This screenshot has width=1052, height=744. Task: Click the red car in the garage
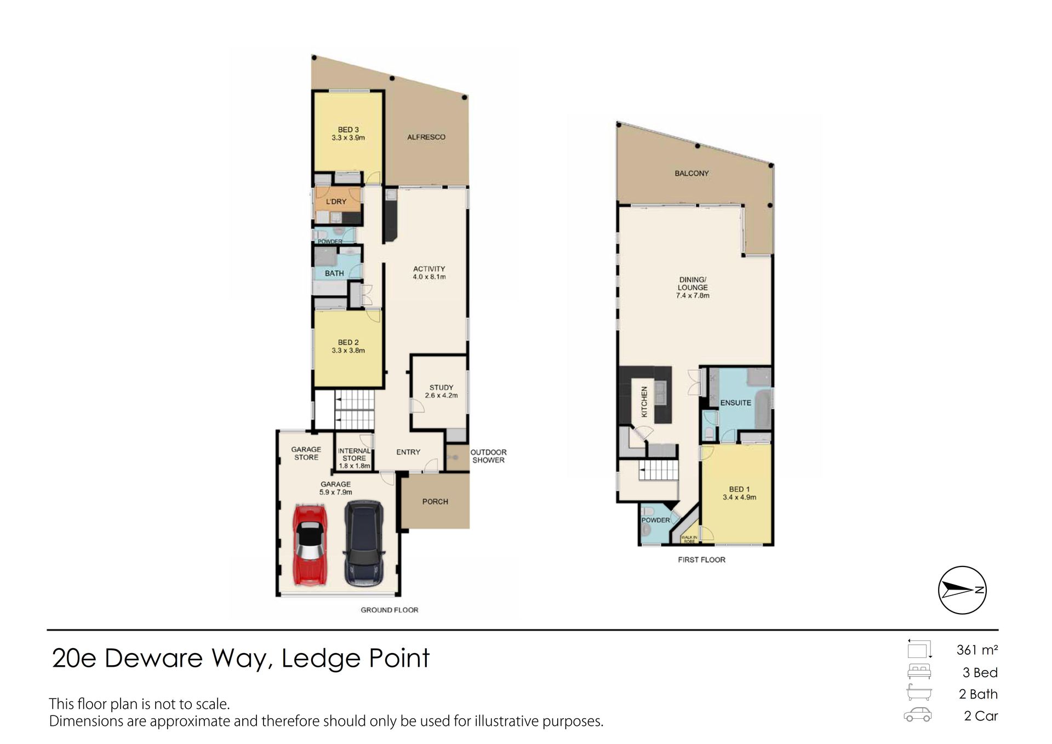pyautogui.click(x=311, y=544)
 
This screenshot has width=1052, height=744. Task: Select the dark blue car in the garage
pyautogui.click(x=363, y=544)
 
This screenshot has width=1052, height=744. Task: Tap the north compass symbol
pyautogui.click(x=962, y=590)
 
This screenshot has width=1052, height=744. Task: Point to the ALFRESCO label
pyautogui.click(x=426, y=137)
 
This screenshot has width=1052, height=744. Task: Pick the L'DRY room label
pyautogui.click(x=336, y=202)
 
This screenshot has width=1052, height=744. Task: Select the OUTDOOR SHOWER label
pyautogui.click(x=489, y=456)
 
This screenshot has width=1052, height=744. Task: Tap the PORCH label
pyautogui.click(x=435, y=501)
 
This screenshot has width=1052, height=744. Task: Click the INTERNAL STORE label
pyautogui.click(x=355, y=455)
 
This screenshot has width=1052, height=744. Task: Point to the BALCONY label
pyautogui.click(x=691, y=173)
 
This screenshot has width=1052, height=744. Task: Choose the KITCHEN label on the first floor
pyautogui.click(x=644, y=402)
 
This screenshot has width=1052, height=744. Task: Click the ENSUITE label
pyautogui.click(x=736, y=403)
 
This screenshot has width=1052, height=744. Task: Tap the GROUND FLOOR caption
pyautogui.click(x=390, y=610)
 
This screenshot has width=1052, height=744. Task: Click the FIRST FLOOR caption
pyautogui.click(x=702, y=559)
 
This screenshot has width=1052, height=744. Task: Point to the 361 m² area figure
pyautogui.click(x=977, y=650)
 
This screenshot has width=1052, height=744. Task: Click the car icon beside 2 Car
pyautogui.click(x=918, y=715)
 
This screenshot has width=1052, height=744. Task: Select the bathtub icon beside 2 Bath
pyautogui.click(x=919, y=692)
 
